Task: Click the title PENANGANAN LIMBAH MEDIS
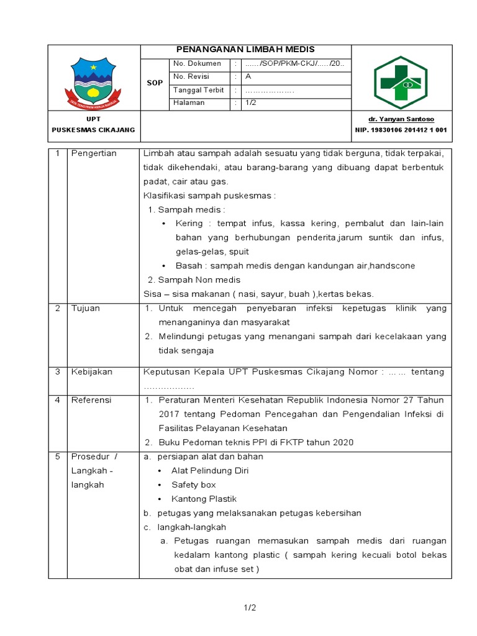246,50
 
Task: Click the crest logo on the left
94,80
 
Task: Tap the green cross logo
401,81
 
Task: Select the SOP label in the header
155,83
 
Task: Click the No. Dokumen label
197,64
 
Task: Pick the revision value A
248,77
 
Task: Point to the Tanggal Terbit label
199,90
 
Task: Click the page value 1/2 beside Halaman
251,103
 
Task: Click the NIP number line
401,130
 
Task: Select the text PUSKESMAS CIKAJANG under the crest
94,130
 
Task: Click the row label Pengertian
94,154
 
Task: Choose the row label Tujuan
86,309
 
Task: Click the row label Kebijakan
92,372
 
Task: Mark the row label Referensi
91,400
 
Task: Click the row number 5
57,457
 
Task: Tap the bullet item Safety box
194,485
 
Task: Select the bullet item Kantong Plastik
204,499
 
